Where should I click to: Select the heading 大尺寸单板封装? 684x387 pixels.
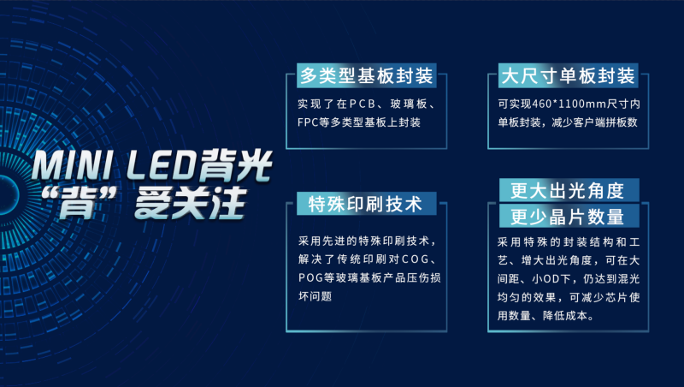coord(567,76)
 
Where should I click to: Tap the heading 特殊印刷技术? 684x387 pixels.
coord(365,205)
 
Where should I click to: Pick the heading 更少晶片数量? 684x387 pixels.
coord(567,216)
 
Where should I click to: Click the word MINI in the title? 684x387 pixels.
coord(69,162)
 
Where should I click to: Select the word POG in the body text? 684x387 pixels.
coord(312,277)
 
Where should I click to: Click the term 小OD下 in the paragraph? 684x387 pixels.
coord(548,277)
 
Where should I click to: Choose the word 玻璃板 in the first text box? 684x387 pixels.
coord(418,104)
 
